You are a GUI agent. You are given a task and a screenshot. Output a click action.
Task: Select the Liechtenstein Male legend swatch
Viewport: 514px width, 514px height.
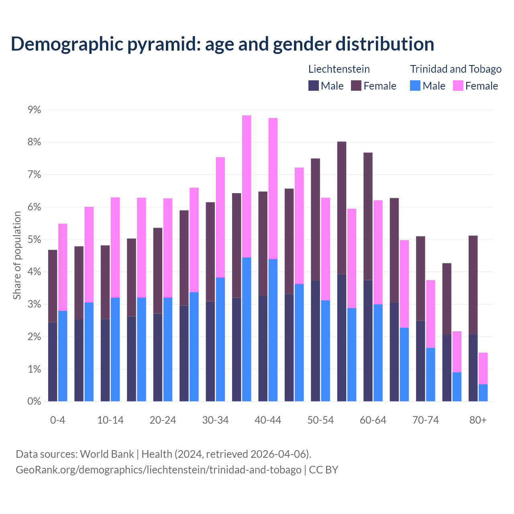coord(313,86)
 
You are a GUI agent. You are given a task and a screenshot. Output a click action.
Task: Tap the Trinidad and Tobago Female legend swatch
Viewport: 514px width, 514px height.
coord(458,86)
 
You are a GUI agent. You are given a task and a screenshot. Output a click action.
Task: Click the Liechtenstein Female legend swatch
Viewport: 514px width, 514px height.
coord(356,86)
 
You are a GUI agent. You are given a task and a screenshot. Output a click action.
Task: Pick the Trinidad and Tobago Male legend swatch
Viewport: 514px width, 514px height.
coord(415,86)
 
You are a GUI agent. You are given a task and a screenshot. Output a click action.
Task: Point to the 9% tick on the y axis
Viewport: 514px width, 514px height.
coord(34,110)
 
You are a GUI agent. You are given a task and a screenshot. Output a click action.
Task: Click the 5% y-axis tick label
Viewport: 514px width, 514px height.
coord(34,240)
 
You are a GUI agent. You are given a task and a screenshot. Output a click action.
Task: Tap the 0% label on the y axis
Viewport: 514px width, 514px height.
coord(34,402)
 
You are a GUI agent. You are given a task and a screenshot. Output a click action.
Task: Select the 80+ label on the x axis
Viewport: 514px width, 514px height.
coord(478,420)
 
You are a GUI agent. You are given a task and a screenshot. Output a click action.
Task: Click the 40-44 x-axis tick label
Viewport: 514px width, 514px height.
coord(268,420)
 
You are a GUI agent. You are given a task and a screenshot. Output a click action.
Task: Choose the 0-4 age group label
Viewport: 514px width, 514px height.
coord(57,420)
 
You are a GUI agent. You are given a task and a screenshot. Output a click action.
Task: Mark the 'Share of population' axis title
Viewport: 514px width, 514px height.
coord(17,255)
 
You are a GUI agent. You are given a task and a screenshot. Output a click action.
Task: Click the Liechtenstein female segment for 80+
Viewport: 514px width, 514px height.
coord(473,285)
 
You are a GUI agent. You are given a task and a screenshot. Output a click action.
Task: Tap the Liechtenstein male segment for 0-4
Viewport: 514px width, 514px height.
coord(53,361)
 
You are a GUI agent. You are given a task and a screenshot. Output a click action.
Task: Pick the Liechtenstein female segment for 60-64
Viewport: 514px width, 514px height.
coord(368,216)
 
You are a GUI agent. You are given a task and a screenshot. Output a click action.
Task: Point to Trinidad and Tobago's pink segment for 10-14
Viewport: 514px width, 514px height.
coord(115,247)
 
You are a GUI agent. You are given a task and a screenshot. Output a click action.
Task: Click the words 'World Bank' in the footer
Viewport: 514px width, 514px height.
coord(107,454)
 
